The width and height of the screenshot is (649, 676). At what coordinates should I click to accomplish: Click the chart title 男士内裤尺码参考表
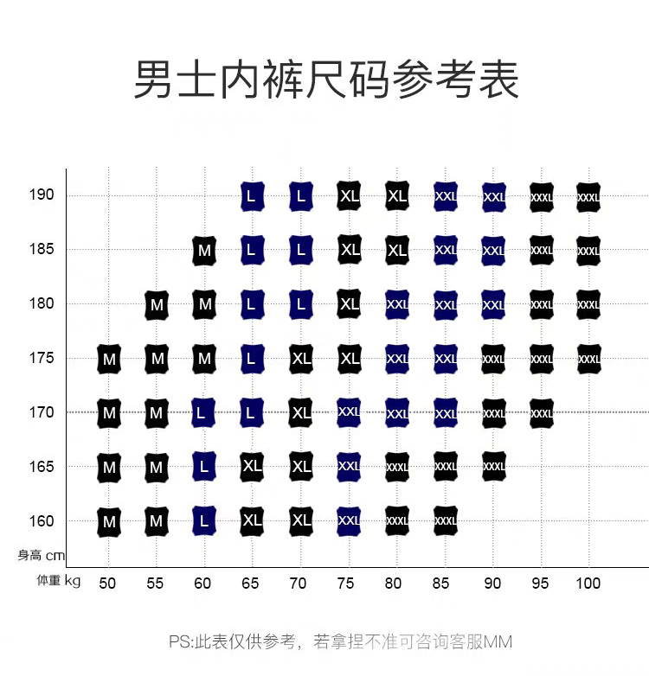click(x=325, y=80)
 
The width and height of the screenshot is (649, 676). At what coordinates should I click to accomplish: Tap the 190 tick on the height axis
click(x=42, y=195)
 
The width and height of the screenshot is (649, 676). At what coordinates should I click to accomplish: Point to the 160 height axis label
click(x=42, y=521)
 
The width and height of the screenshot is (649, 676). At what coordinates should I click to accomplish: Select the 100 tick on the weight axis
click(x=588, y=584)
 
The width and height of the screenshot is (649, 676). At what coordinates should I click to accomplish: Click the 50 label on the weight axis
click(x=107, y=584)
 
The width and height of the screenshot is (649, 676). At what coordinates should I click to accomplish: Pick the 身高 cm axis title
click(x=42, y=556)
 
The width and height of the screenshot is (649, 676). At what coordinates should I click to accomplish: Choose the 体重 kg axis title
click(x=59, y=581)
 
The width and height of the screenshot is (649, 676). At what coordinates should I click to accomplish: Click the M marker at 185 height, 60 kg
click(x=204, y=251)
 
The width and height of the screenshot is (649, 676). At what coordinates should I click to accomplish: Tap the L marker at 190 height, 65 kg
click(x=252, y=197)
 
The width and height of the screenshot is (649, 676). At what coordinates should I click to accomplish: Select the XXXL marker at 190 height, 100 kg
click(x=588, y=197)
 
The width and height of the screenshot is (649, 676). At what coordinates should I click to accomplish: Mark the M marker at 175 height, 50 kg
click(x=109, y=359)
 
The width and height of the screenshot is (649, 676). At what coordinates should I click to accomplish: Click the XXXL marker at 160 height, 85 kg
click(x=445, y=521)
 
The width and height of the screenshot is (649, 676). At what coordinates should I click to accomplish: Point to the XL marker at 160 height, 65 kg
click(x=252, y=521)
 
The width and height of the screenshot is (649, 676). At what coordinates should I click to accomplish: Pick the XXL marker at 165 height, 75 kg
click(x=349, y=467)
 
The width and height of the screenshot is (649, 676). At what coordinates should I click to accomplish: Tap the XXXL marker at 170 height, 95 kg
click(x=542, y=413)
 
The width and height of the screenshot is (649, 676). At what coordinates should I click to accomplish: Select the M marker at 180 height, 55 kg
click(x=157, y=305)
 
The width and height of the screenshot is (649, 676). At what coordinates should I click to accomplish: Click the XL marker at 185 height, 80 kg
click(x=397, y=251)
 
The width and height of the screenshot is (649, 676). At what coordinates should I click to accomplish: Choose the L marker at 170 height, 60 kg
click(x=204, y=413)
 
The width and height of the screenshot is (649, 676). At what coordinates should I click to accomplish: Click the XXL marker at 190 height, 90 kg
click(x=493, y=197)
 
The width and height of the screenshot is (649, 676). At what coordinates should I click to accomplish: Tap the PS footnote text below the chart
click(x=340, y=642)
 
